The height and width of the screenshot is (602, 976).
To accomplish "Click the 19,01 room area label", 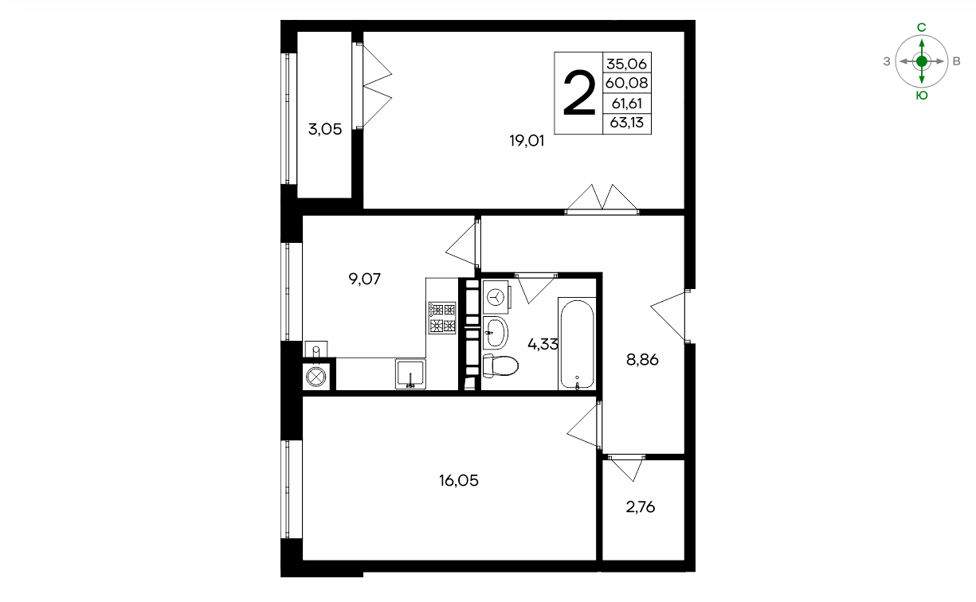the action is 527,141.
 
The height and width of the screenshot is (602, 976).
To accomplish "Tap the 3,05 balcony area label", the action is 324,129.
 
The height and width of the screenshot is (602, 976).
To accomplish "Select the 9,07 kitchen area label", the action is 365,279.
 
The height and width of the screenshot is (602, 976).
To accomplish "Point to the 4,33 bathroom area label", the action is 543,344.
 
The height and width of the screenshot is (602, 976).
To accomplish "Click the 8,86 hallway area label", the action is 642,360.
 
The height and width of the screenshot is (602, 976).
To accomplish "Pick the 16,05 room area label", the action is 459,480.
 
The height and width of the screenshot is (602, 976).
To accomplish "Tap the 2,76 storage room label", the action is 641,507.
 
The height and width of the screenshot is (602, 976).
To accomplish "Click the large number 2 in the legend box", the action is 579,93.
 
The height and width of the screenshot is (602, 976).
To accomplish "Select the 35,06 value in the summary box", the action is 626,64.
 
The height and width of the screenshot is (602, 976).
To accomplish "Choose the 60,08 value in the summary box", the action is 626,82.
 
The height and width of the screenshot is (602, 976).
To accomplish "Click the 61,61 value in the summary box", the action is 627,104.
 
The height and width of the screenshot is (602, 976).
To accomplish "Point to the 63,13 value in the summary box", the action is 627,123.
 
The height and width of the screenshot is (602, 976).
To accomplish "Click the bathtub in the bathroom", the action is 577,344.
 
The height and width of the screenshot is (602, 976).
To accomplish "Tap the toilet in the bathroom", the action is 500,365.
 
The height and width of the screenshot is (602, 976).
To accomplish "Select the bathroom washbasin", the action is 496,333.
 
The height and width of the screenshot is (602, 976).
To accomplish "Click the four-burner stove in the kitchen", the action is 442,318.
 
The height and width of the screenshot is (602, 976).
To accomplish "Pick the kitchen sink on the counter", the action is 410,373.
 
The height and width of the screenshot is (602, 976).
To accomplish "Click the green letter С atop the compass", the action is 922,27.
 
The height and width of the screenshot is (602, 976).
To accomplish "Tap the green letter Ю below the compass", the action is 922,96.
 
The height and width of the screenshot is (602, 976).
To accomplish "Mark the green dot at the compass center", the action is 922,61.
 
